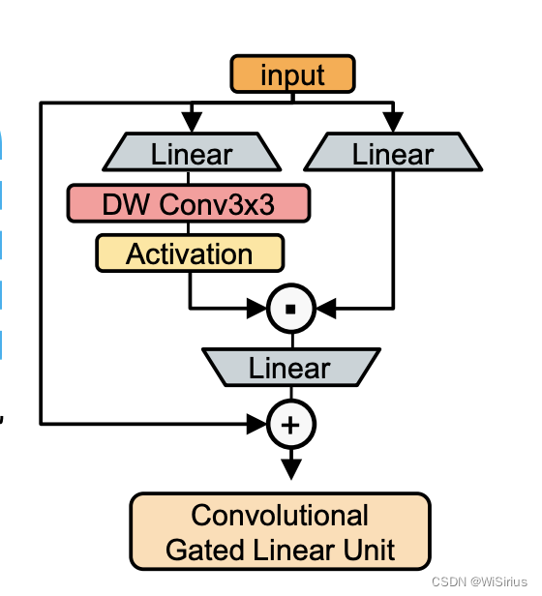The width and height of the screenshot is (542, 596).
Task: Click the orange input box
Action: click(292, 74)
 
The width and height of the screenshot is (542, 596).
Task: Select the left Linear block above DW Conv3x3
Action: click(191, 154)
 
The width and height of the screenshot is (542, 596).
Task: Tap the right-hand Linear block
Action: click(392, 154)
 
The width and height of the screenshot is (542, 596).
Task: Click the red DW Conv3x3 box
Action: click(188, 204)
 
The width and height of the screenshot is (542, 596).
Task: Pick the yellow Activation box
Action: click(190, 253)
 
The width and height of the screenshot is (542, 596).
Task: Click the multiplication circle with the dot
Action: click(291, 309)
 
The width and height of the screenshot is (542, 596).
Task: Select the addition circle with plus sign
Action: click(291, 423)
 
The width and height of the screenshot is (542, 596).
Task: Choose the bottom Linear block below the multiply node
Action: click(289, 368)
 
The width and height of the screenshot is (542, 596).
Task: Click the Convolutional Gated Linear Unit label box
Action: click(280, 531)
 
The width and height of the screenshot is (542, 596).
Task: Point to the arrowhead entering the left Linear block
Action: click(192, 122)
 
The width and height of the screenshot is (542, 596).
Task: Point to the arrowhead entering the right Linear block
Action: click(392, 122)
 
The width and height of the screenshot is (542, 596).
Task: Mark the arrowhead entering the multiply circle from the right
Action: click(326, 309)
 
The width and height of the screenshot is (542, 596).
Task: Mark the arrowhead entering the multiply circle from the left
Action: click(256, 309)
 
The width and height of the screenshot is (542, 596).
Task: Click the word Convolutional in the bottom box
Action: click(280, 515)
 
